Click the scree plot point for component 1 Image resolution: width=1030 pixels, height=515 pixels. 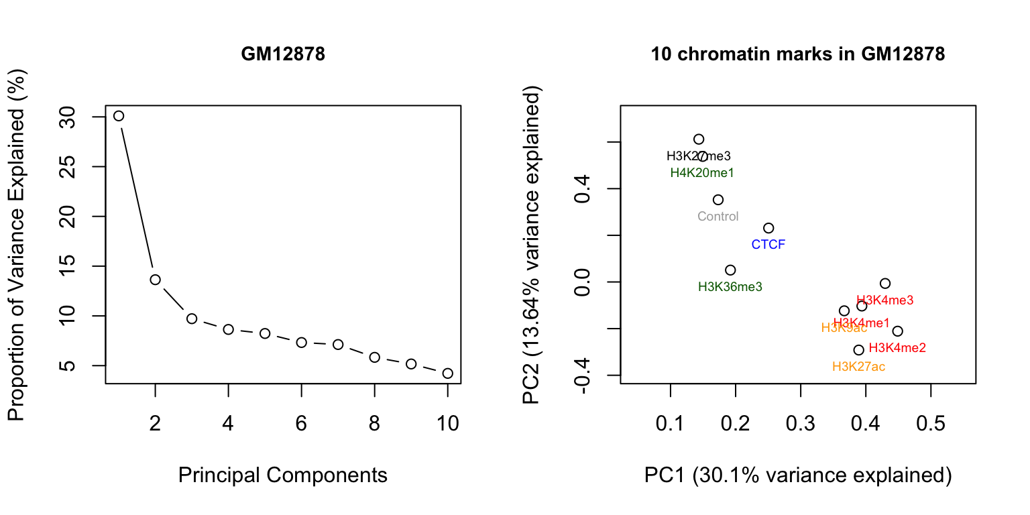(x=119, y=116)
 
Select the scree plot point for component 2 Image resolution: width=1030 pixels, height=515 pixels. (x=155, y=280)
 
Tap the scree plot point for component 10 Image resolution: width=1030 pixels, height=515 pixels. (x=448, y=374)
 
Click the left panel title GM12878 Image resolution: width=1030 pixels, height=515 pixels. (x=283, y=55)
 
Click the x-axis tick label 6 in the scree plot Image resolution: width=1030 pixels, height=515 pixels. (x=301, y=424)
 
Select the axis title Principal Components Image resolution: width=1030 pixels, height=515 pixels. (x=283, y=475)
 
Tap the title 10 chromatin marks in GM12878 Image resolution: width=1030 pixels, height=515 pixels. (x=798, y=55)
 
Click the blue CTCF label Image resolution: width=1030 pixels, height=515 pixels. (x=768, y=245)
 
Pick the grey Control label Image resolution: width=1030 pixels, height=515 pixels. (x=718, y=217)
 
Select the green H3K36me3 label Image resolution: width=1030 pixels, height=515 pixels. (x=730, y=287)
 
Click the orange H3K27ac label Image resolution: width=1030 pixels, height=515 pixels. (x=858, y=367)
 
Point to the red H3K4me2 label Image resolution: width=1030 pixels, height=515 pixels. (x=897, y=348)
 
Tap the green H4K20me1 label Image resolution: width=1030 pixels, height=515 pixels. (x=702, y=173)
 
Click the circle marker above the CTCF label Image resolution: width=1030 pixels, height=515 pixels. (x=768, y=229)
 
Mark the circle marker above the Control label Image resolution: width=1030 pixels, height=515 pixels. (x=718, y=200)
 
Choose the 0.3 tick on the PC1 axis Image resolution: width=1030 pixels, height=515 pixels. (x=801, y=424)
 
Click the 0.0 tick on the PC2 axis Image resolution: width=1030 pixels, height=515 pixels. (x=581, y=282)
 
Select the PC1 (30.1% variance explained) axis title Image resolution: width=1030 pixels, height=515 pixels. (x=798, y=475)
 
